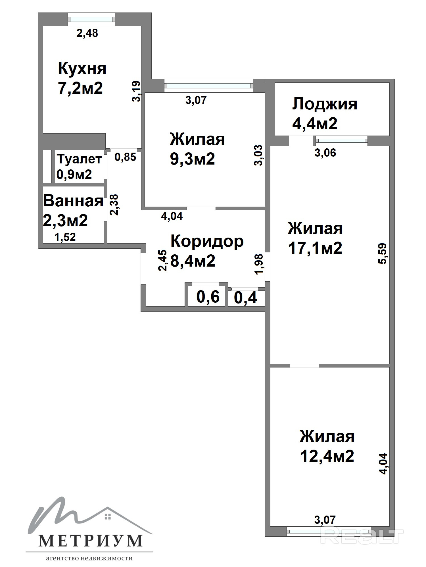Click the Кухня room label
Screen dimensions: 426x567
[x=82, y=68]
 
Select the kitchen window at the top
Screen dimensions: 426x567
[x=91, y=19]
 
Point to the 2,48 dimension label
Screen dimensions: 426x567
[x=87, y=33]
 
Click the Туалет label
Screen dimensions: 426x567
[x=79, y=159]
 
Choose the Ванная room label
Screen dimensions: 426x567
[x=73, y=201]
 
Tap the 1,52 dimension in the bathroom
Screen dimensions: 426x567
[x=65, y=237]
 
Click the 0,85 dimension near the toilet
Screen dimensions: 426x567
[x=125, y=157]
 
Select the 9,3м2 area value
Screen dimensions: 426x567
[x=192, y=159]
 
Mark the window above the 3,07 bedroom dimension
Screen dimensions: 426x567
[x=209, y=86]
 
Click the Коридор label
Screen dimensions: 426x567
[x=207, y=241]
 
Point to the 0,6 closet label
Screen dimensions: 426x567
[x=208, y=297]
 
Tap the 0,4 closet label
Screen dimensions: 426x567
[x=246, y=298]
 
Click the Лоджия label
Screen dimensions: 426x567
[x=325, y=104]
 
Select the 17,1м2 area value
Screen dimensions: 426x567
[x=315, y=248]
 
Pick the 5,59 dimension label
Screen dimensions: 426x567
[x=382, y=254]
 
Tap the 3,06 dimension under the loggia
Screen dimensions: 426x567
[x=325, y=153]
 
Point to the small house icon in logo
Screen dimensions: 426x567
[x=107, y=516]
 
